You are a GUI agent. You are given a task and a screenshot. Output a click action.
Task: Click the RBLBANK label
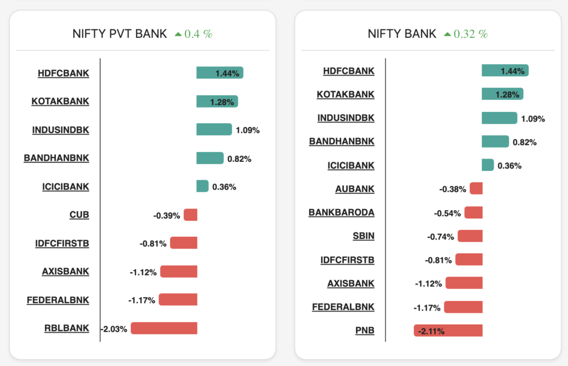tap(67, 328)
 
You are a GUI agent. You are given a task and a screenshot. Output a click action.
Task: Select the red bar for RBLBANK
tap(164, 328)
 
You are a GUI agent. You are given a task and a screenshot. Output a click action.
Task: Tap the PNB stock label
tap(364, 331)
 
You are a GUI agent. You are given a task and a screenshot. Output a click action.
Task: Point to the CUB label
tap(79, 215)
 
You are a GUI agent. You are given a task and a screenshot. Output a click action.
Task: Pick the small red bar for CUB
tap(190, 215)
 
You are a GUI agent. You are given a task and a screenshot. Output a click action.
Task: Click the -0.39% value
tap(166, 215)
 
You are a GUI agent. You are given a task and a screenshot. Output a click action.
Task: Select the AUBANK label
tap(354, 189)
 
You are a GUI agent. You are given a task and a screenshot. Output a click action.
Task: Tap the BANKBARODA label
tap(341, 212)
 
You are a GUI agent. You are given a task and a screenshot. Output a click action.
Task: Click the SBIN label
tap(363, 236)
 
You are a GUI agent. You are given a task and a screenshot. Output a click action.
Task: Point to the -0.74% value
tap(440, 237)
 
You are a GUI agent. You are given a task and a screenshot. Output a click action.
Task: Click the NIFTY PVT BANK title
tap(120, 34)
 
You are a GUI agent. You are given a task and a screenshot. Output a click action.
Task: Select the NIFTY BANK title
tap(402, 34)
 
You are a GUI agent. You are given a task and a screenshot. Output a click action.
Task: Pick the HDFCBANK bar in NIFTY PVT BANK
tap(220, 73)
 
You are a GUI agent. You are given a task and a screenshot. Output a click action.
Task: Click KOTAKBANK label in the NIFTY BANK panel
tap(346, 94)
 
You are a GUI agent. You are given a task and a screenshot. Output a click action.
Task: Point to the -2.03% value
tap(114, 329)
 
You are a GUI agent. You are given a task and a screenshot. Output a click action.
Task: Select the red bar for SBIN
tap(470, 236)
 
